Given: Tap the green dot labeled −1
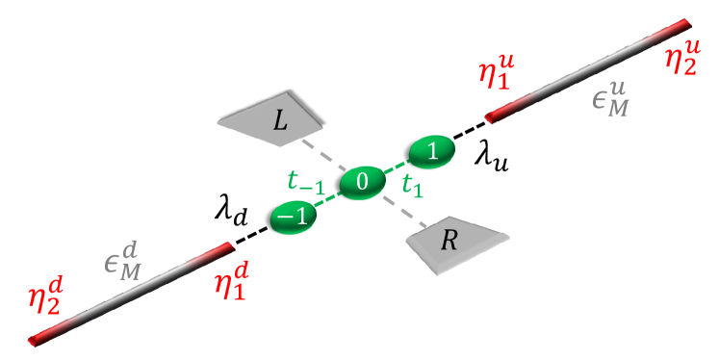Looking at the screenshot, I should pos(291,216).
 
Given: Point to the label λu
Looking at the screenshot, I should pos(491,160).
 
